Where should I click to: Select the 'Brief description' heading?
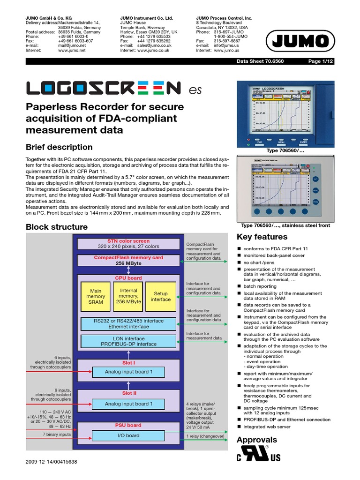tap(59, 147)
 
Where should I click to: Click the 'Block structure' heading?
tap(56, 227)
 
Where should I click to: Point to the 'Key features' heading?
tap(262, 237)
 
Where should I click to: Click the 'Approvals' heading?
tap(257, 440)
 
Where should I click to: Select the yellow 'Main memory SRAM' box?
tap(96, 297)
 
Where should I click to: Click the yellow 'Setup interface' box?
tap(160, 297)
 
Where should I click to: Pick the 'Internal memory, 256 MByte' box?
tap(128, 297)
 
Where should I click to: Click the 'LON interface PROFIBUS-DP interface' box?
tap(128, 341)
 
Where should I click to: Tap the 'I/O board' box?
tap(128, 435)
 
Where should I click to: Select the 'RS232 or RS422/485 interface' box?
tap(128, 324)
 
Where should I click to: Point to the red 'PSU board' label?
tap(128, 425)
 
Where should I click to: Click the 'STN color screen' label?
tap(128, 241)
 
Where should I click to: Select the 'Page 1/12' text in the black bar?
tap(320, 61)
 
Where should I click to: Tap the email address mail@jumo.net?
tap(71, 45)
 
